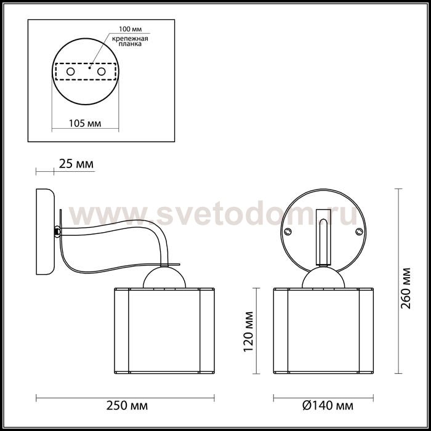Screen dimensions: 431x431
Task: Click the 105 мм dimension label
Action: pos(85,123)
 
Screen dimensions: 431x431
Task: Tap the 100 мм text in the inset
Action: pos(131,29)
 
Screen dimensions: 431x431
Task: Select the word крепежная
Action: pos(130,38)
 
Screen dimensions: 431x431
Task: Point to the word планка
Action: pos(130,44)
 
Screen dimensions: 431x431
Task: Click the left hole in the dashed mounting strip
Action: pos(71,71)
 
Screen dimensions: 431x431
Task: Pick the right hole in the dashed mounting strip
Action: pos(102,71)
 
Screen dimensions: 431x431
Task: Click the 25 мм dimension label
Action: pos(76,164)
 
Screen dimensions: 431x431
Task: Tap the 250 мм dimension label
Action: pos(127,405)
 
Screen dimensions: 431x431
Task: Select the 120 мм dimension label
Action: pos(248,331)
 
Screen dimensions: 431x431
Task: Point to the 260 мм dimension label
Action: pos(405,288)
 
